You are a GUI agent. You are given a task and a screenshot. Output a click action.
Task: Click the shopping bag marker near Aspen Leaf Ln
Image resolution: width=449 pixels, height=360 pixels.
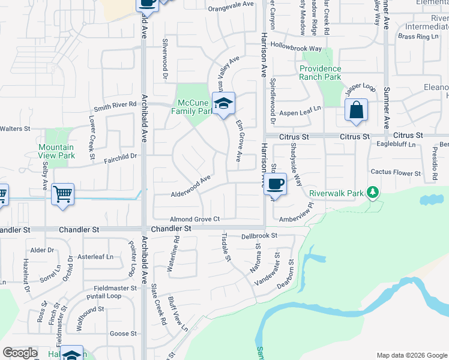tap(356, 110)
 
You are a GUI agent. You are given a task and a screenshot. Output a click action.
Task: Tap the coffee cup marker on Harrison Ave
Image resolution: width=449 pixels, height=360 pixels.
tap(275, 184)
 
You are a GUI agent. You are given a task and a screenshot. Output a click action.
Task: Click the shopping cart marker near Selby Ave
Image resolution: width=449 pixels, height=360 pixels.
tap(62, 194)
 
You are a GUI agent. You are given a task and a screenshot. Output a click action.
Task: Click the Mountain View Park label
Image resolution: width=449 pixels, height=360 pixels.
tap(56, 151)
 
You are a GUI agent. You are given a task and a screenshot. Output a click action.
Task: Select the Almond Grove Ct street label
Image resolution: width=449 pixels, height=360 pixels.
tap(196, 220)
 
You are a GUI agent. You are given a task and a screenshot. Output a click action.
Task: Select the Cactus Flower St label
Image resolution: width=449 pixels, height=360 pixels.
tap(396, 173)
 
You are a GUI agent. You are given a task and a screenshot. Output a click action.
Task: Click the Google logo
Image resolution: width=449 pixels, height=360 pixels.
tap(20, 353)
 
